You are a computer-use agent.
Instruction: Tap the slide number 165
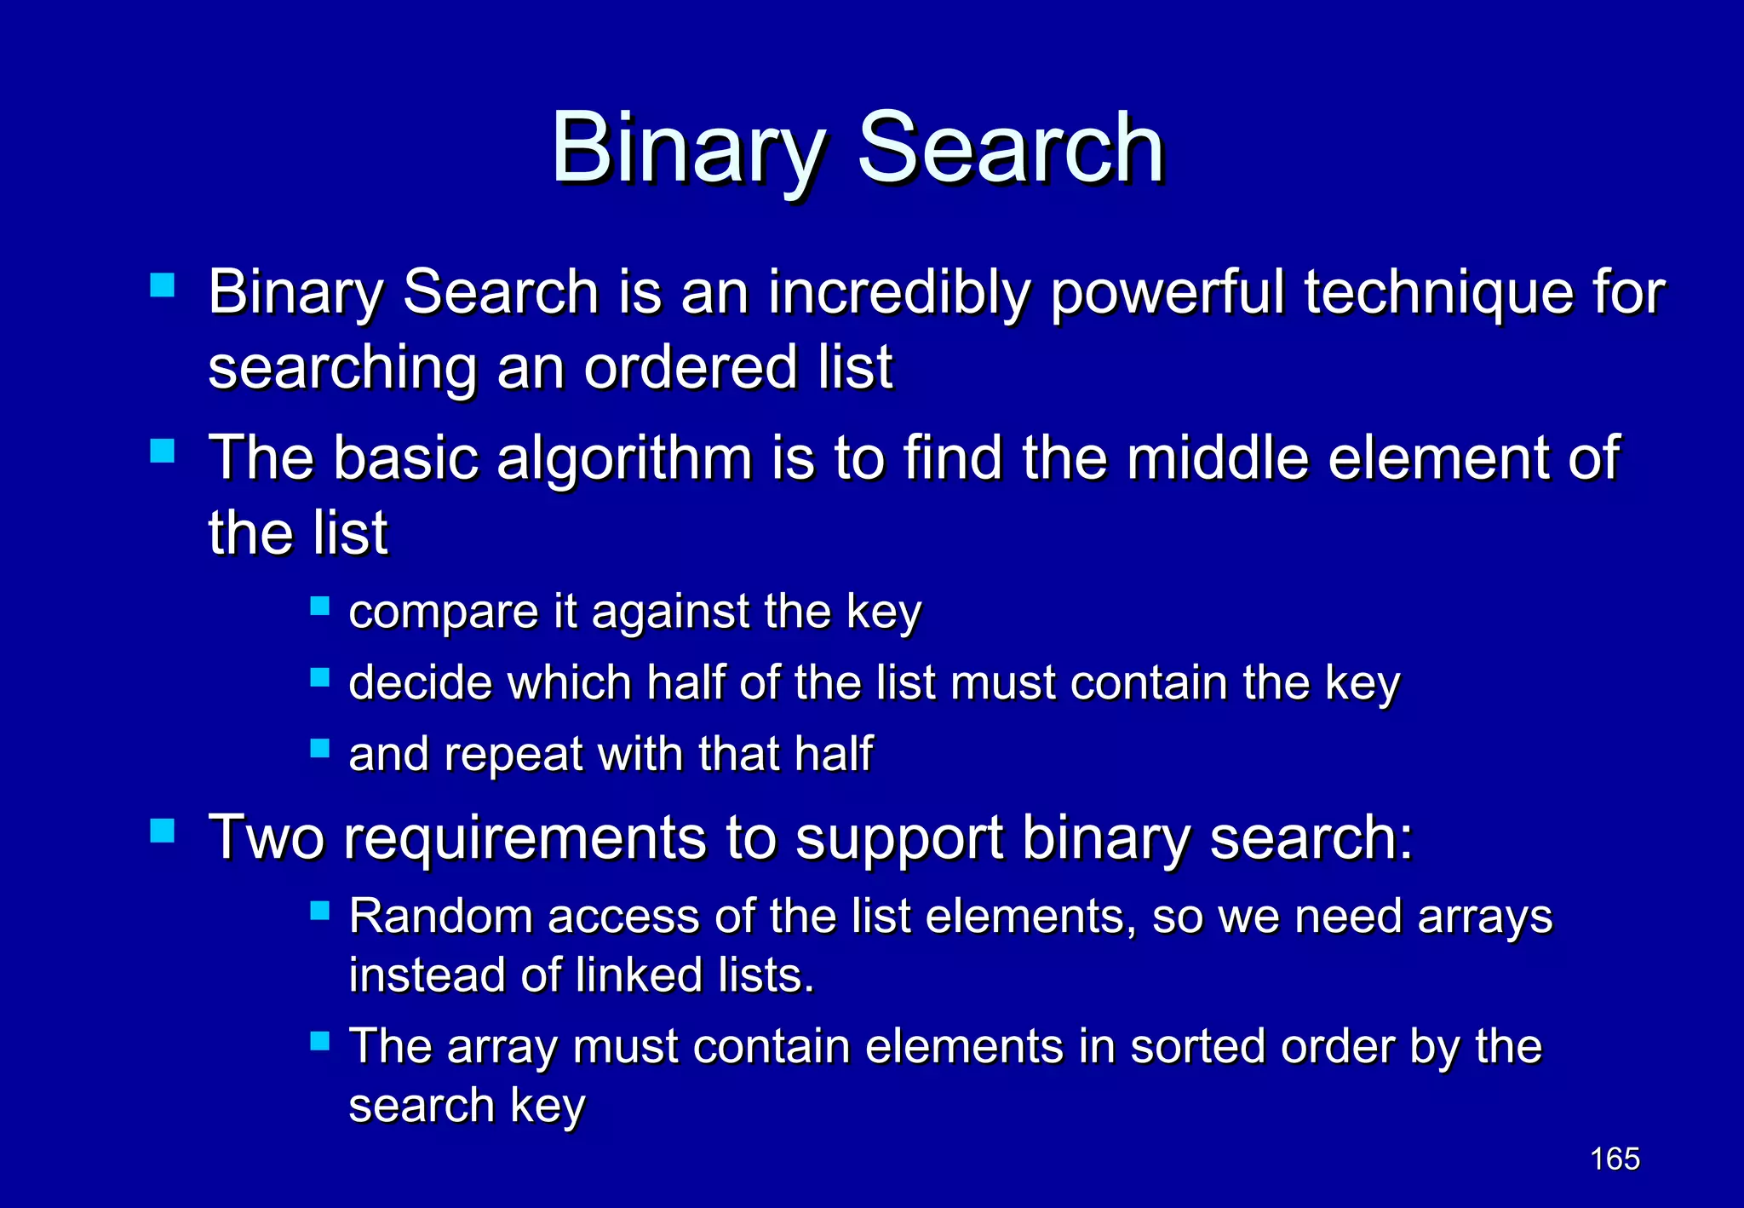[1615, 1159]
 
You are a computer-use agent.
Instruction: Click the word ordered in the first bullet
[690, 368]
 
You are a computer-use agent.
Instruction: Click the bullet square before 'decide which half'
[319, 678]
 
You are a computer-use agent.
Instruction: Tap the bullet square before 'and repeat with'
[319, 749]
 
